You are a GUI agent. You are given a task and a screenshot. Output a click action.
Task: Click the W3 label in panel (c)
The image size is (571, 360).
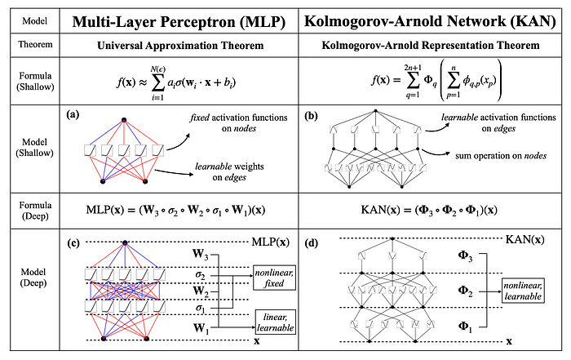199,255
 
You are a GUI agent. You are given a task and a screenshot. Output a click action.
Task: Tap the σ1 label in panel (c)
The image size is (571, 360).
200,307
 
